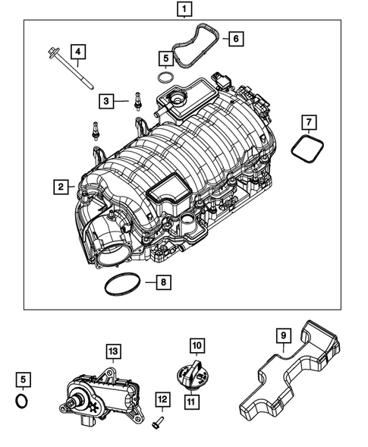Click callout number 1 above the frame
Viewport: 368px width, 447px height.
183,10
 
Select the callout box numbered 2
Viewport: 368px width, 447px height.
59,185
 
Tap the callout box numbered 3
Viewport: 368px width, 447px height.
106,100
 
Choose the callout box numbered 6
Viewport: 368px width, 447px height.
235,37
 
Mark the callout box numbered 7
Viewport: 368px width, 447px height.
309,121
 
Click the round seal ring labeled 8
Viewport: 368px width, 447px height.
118,285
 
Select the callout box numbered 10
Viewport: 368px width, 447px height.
197,346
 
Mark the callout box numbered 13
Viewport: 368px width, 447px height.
112,351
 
